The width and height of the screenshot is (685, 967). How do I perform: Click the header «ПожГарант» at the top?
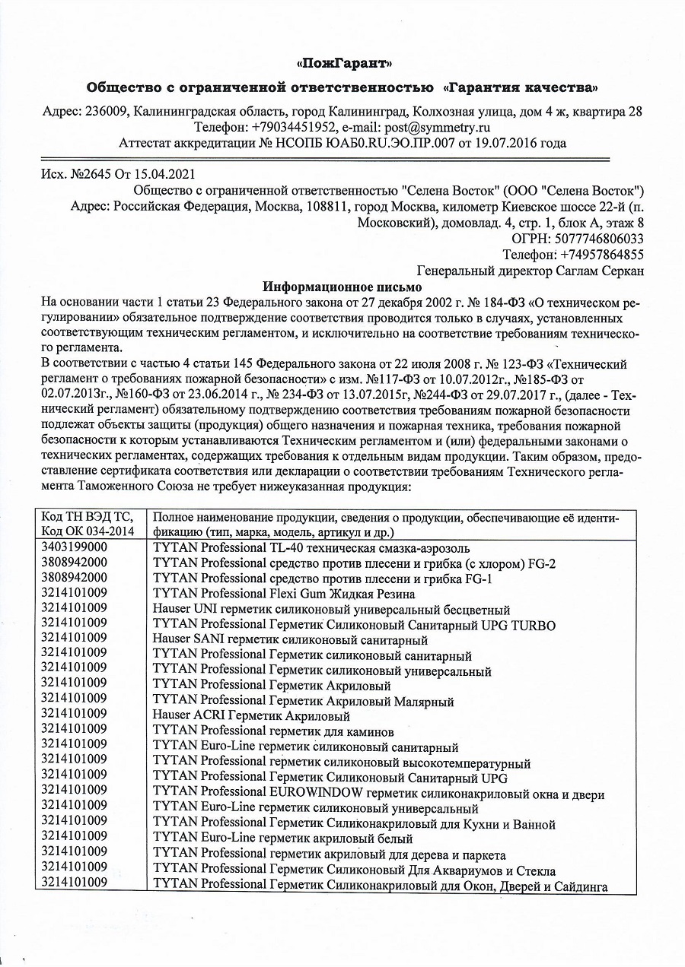342,62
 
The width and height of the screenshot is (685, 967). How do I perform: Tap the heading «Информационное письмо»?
342,287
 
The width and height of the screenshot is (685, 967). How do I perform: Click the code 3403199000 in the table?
74,547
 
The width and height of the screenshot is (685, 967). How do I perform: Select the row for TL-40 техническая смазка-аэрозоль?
311,547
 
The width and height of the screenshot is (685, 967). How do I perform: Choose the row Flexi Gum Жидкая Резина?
284,594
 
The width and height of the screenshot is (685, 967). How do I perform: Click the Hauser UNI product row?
331,610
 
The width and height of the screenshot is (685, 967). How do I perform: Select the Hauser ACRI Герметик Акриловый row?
251,716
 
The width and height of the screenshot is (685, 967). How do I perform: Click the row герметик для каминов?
273,732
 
